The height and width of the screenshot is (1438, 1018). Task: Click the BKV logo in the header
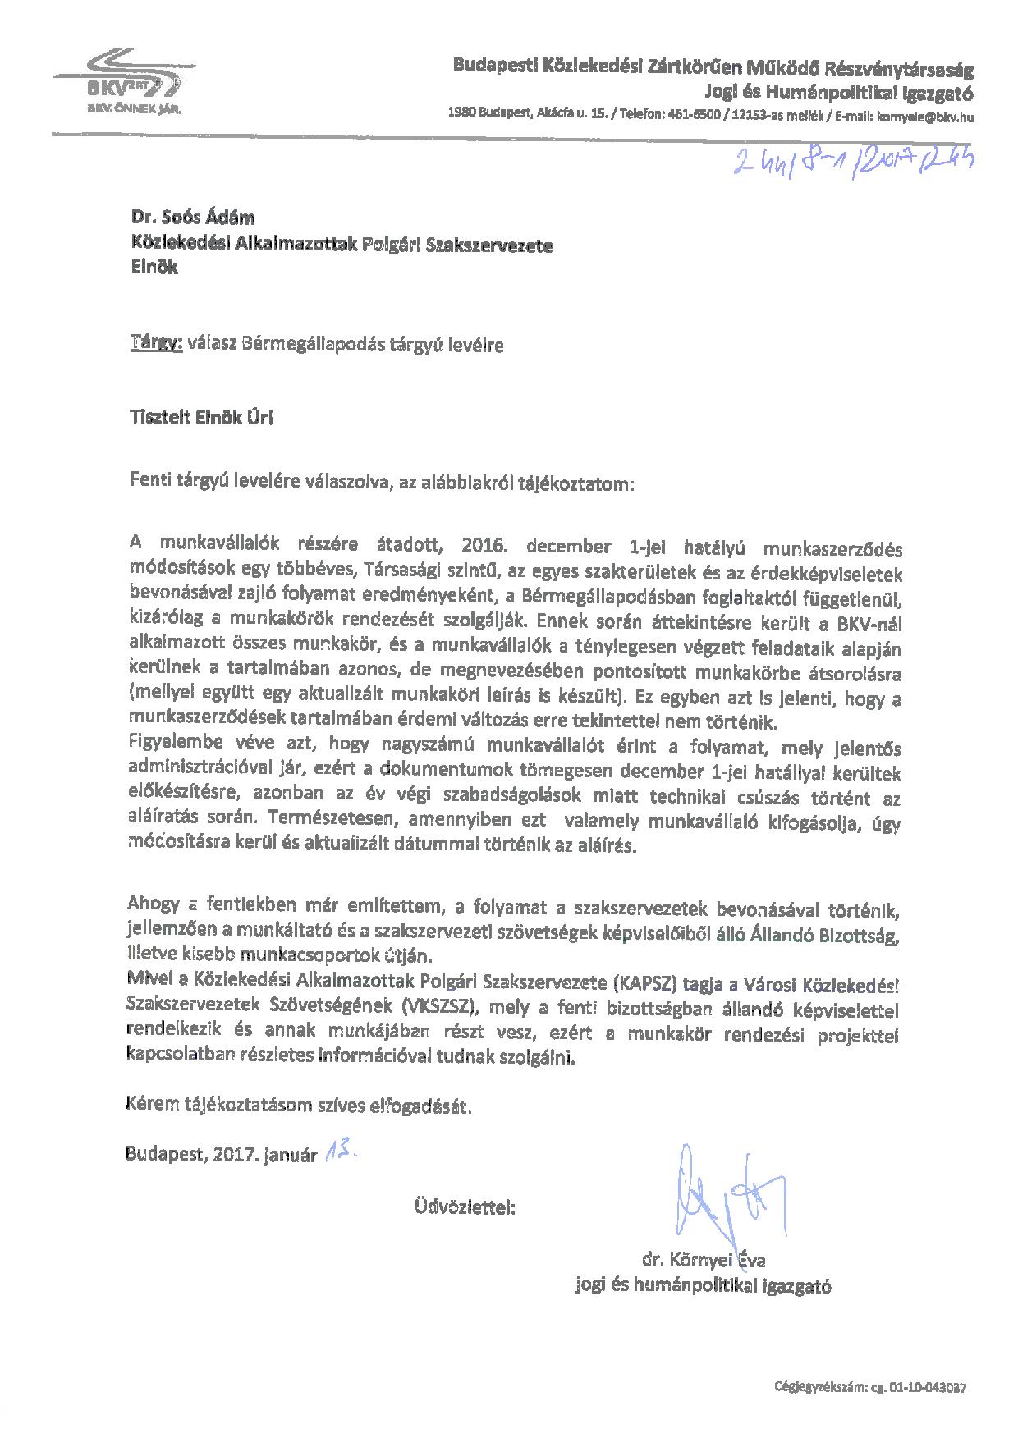pyautogui.click(x=120, y=79)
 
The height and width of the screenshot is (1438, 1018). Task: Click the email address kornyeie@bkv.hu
pyautogui.click(x=925, y=117)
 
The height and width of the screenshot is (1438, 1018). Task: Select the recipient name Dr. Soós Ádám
pyautogui.click(x=193, y=218)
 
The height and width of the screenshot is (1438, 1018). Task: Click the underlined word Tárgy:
pyautogui.click(x=155, y=345)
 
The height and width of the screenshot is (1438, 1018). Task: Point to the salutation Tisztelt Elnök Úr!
pyautogui.click(x=200, y=418)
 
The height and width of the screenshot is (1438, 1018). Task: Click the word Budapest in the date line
pyautogui.click(x=167, y=1155)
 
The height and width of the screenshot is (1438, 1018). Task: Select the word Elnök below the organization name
pyautogui.click(x=154, y=268)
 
